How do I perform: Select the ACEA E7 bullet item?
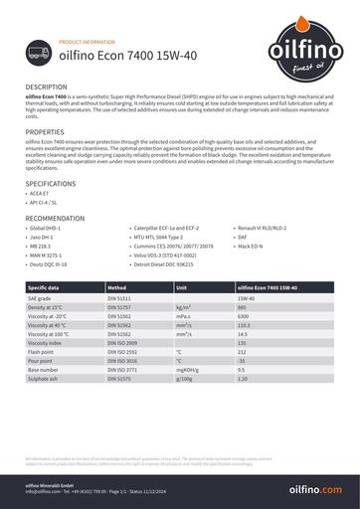point(44,195)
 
